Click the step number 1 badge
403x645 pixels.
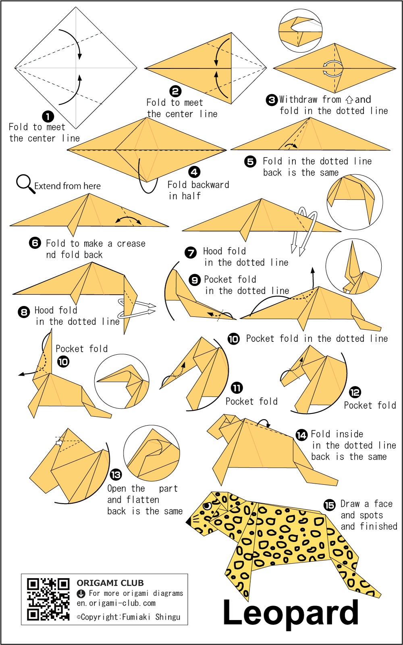[48, 117]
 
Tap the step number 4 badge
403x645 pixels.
[194, 172]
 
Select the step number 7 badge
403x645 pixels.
[191, 252]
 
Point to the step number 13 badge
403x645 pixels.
[116, 475]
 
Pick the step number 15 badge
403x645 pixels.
[330, 505]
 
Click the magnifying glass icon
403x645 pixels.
[26, 184]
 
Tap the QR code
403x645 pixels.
[48, 599]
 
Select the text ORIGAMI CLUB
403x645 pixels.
[110, 583]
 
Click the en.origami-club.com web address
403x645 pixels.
[116, 603]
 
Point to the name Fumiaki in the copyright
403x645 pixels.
[136, 617]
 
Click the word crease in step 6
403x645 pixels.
[131, 244]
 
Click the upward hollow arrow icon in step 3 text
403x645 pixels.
[349, 100]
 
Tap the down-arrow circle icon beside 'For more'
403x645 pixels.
[81, 593]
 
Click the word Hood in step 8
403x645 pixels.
[44, 310]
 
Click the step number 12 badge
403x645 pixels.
[355, 392]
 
